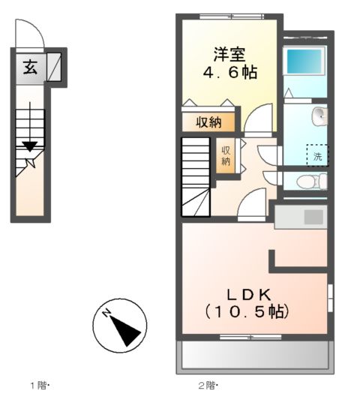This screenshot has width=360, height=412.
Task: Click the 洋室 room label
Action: (229, 54)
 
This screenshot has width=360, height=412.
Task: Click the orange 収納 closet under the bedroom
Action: (209, 122)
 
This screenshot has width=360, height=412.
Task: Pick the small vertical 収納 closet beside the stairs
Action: (226, 155)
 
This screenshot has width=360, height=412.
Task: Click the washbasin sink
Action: (320, 116)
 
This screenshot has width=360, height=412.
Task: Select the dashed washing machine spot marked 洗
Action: (317, 155)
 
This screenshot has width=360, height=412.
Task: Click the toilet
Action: (311, 182)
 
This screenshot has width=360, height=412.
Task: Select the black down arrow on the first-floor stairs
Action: (29, 146)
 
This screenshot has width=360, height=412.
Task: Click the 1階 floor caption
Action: (38, 386)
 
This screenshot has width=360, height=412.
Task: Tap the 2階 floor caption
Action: (207, 386)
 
